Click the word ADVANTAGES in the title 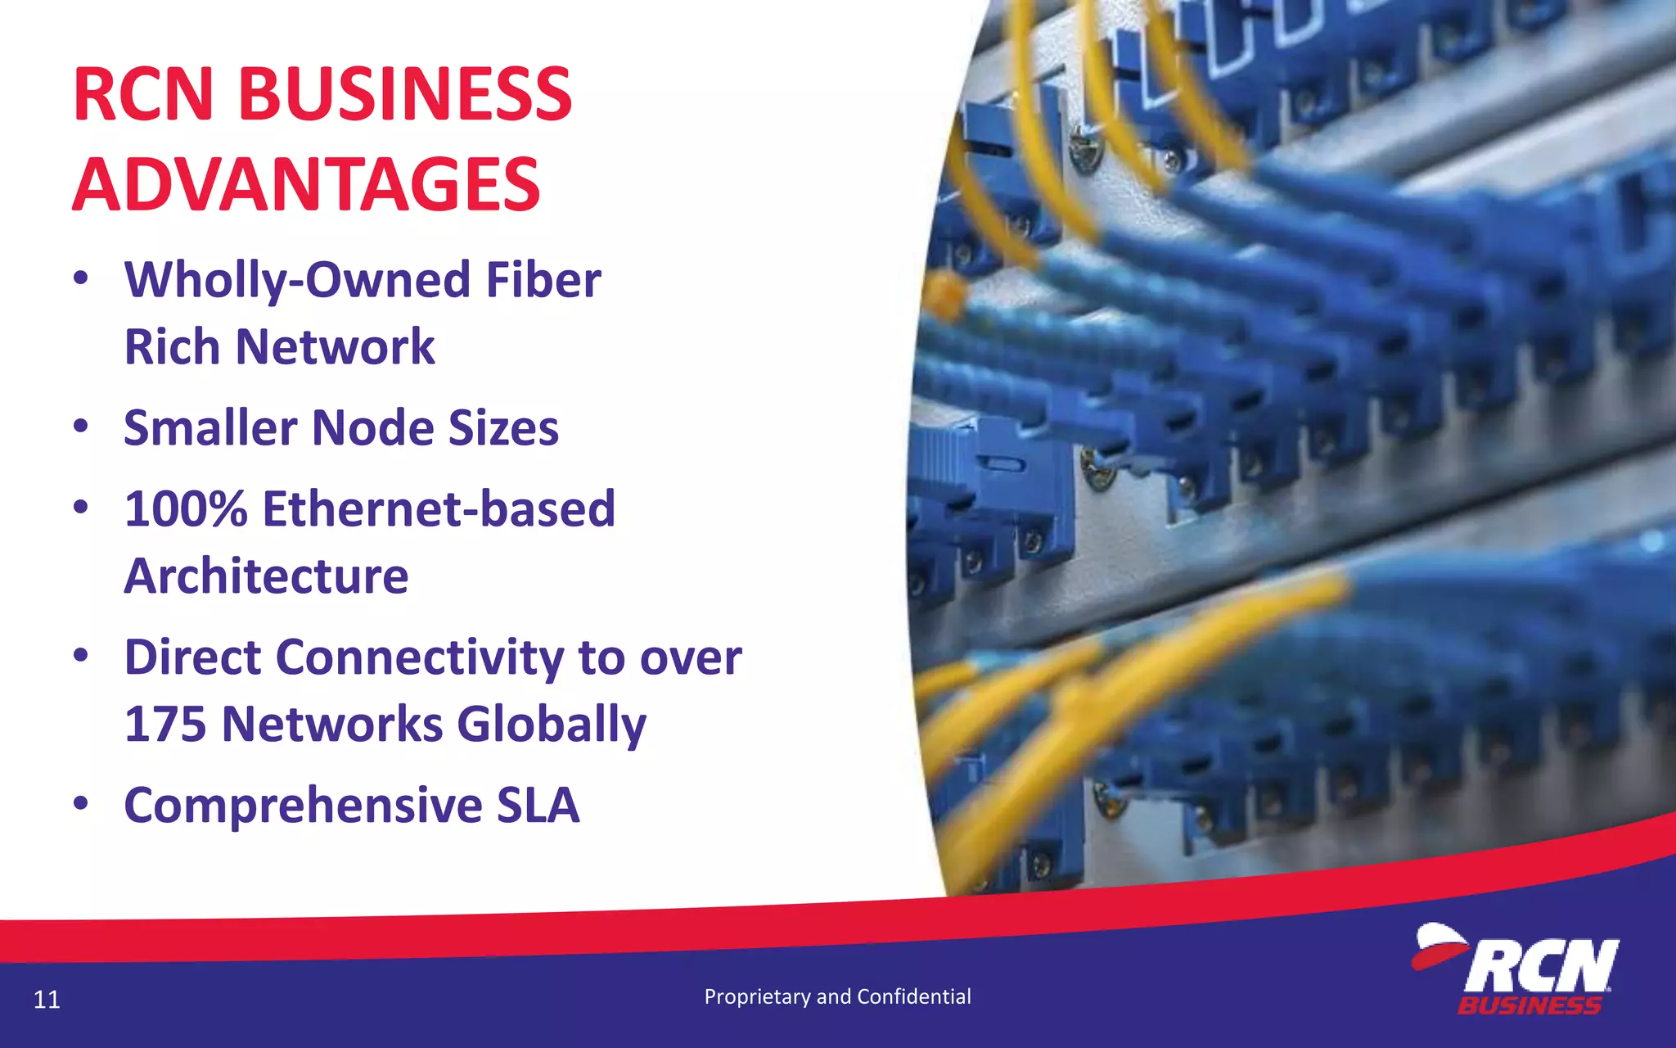pyautogui.click(x=306, y=185)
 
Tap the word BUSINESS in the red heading pyautogui.click(x=404, y=95)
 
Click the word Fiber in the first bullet pyautogui.click(x=543, y=280)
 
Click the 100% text pyautogui.click(x=186, y=509)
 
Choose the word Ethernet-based pyautogui.click(x=439, y=509)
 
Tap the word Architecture pyautogui.click(x=266, y=576)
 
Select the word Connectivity pyautogui.click(x=419, y=657)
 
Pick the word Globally pyautogui.click(x=552, y=725)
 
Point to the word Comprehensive pyautogui.click(x=304, y=806)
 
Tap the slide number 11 pyautogui.click(x=47, y=1000)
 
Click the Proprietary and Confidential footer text pyautogui.click(x=837, y=996)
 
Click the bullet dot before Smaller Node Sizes pyautogui.click(x=80, y=427)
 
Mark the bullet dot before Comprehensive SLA pyautogui.click(x=80, y=804)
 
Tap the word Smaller pyautogui.click(x=210, y=428)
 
